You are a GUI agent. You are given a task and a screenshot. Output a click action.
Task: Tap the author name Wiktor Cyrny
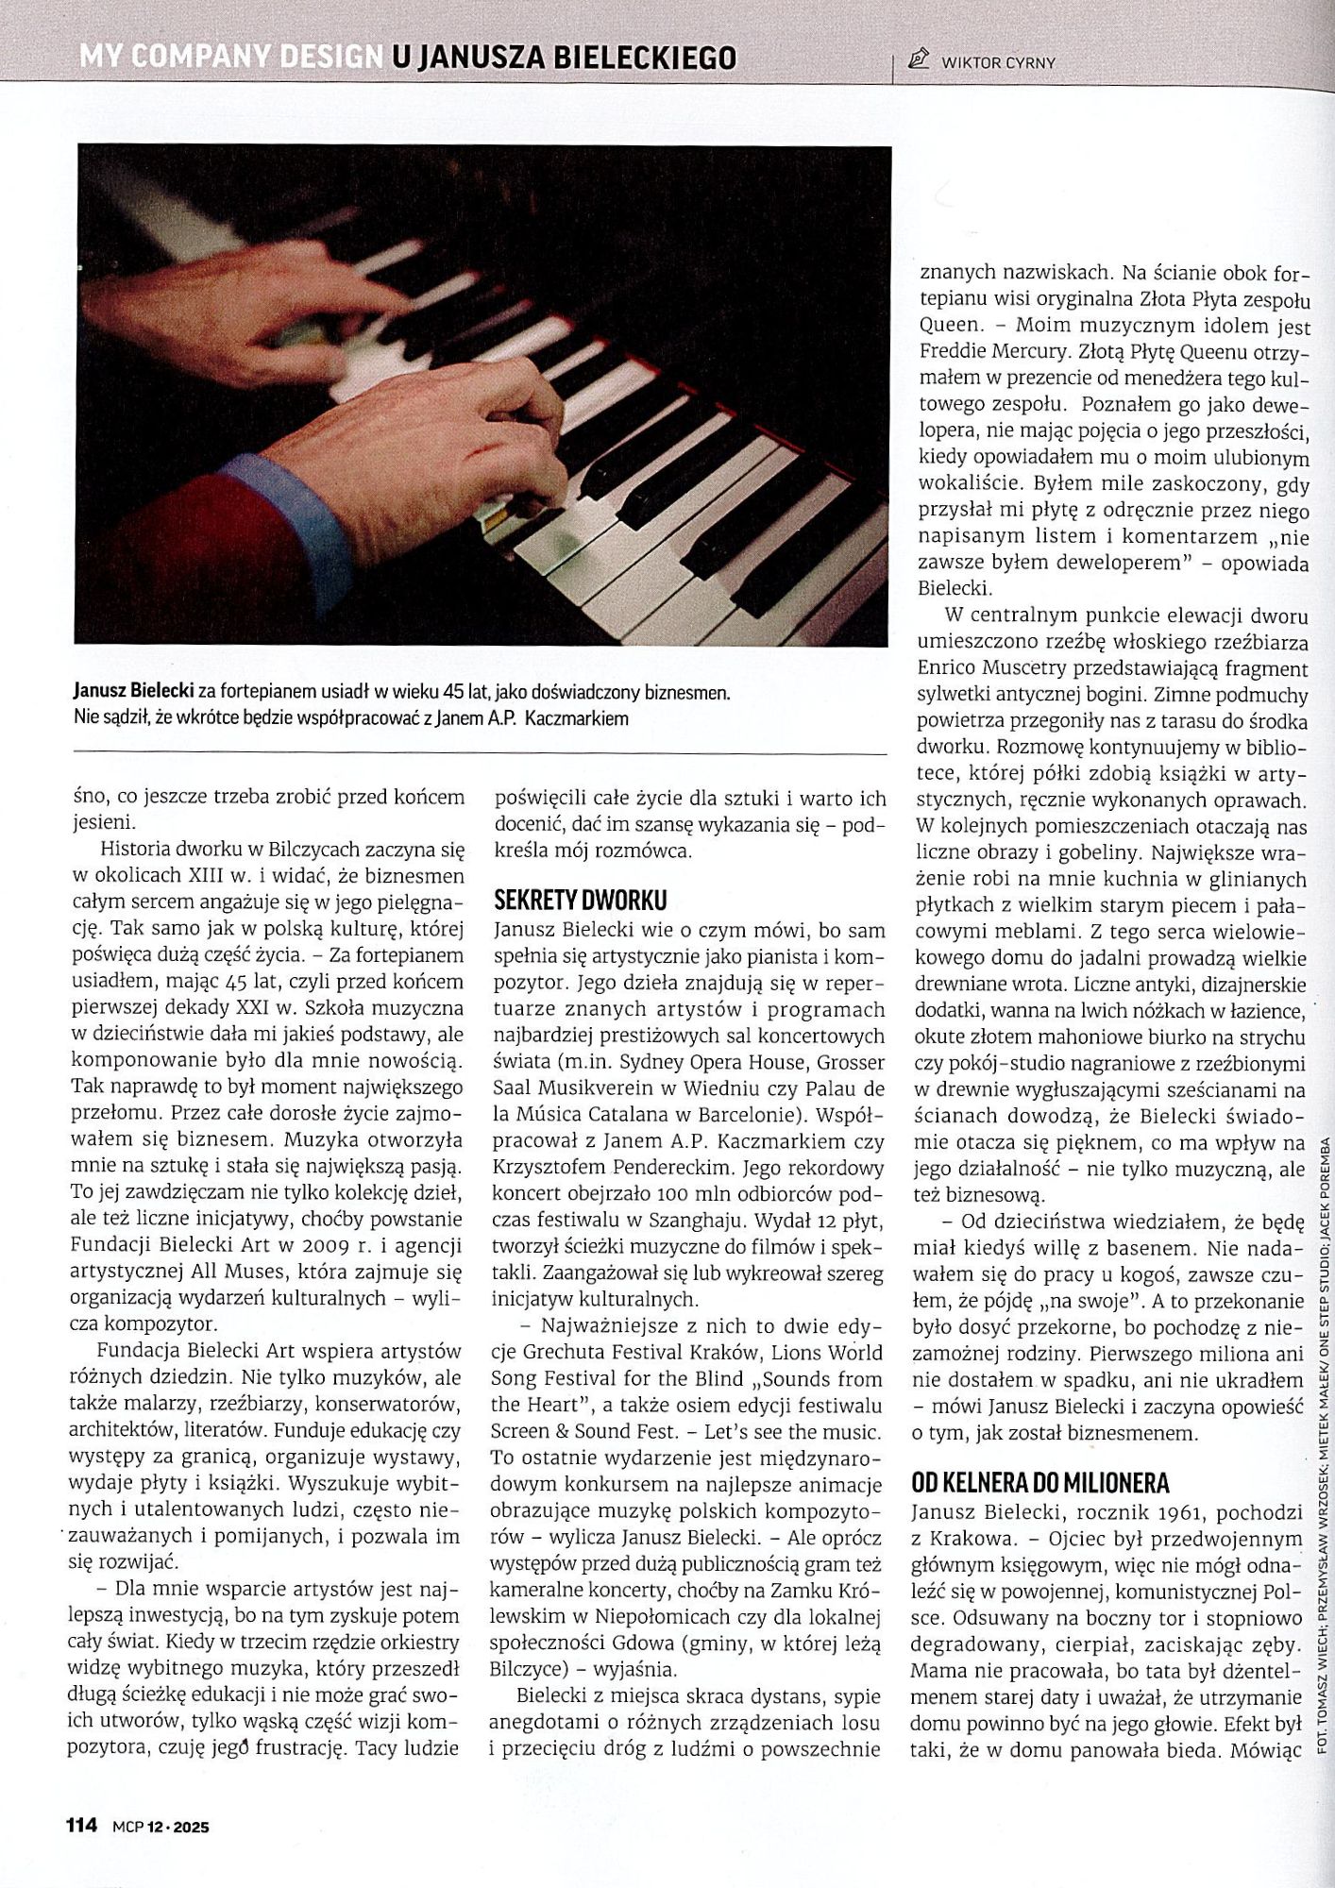click(998, 63)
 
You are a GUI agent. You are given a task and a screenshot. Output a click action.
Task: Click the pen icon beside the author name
click(917, 61)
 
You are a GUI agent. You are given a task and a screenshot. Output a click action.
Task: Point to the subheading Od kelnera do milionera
click(1040, 1481)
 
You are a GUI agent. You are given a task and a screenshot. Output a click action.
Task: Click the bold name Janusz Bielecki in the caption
click(133, 693)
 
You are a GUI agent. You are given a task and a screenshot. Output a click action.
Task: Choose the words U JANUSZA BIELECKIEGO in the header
click(563, 59)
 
